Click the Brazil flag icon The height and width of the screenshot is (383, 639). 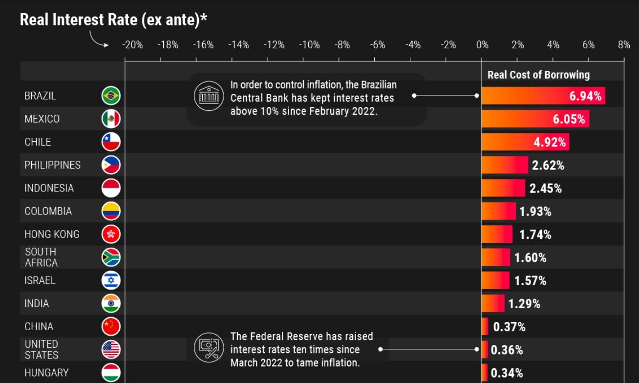click(111, 96)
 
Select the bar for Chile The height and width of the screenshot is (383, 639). click(525, 142)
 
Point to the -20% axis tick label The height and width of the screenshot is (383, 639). click(132, 45)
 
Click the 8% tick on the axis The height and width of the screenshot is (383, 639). click(624, 45)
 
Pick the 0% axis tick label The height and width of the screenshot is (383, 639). click(482, 45)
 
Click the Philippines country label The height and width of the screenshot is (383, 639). click(53, 165)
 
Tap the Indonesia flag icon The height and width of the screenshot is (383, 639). click(111, 188)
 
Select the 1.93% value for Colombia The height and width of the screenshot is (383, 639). click(535, 212)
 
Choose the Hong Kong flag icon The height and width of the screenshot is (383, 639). click(111, 234)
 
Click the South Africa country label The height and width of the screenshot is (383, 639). click(41, 257)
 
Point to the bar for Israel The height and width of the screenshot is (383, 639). click(495, 280)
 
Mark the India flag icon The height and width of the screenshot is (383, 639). click(111, 304)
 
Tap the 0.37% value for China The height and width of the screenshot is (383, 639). click(510, 327)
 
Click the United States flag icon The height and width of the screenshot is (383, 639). click(111, 350)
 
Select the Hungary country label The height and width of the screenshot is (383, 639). click(46, 373)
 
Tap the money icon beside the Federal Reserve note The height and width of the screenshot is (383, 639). click(209, 348)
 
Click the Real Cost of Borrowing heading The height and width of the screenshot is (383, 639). click(538, 75)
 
